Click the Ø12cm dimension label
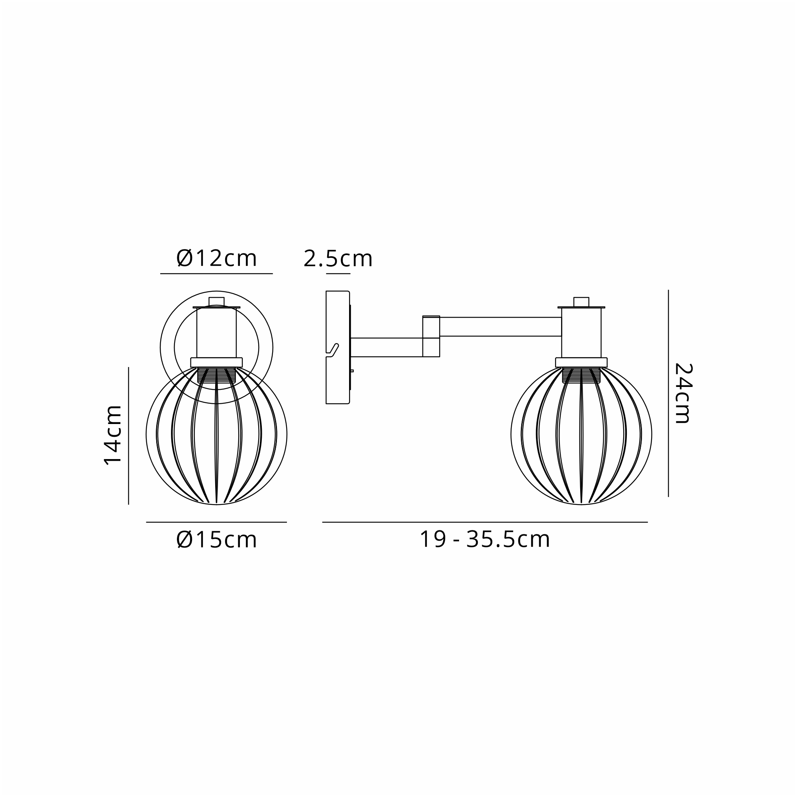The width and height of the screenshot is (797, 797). [216, 258]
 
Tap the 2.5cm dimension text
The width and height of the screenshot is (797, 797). [338, 259]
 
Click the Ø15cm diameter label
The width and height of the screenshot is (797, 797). [216, 540]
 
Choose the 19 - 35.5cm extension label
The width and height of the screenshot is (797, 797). [485, 539]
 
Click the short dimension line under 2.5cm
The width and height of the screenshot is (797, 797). [338, 273]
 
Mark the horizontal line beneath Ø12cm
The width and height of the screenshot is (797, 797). [216, 273]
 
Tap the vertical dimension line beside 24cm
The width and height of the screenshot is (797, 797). [668, 393]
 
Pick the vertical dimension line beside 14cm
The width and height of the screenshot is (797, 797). [129, 436]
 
